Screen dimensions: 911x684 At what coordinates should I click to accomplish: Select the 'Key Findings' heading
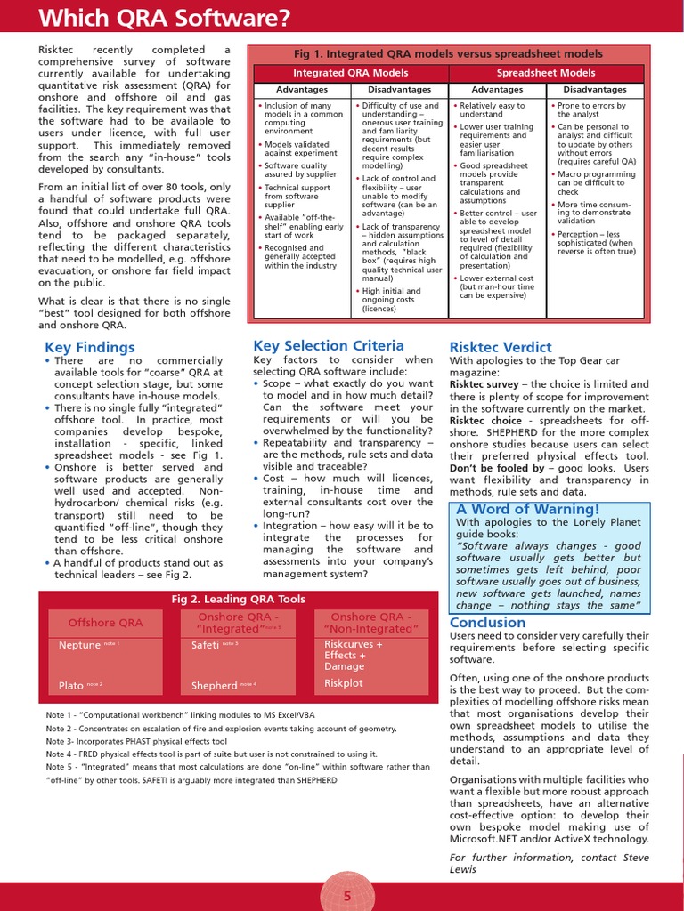(x=89, y=347)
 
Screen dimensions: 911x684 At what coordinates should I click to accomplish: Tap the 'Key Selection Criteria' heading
(x=329, y=345)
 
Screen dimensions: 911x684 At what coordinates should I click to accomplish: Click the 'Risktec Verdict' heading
(x=501, y=347)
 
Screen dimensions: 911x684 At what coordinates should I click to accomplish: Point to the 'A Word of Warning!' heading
(x=528, y=509)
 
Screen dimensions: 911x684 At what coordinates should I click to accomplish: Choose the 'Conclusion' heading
(x=487, y=622)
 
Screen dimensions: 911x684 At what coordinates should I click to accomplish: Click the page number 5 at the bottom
(x=347, y=896)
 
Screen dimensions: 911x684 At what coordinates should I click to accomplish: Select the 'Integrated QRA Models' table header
(x=351, y=73)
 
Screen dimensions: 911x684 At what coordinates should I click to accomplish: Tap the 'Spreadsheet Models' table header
(x=545, y=73)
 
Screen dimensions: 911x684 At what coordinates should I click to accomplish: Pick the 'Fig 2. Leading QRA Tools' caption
(x=238, y=600)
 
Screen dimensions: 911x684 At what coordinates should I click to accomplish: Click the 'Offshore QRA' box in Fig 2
(x=105, y=623)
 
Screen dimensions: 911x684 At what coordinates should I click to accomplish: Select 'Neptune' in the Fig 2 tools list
(x=79, y=645)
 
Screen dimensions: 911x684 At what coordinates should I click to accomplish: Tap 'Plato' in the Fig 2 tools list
(x=71, y=686)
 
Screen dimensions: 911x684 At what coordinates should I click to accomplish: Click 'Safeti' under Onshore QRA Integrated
(x=205, y=645)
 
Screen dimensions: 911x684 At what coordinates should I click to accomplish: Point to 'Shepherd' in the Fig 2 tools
(x=214, y=686)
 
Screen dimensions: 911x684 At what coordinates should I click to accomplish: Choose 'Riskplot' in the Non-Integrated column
(x=344, y=683)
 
